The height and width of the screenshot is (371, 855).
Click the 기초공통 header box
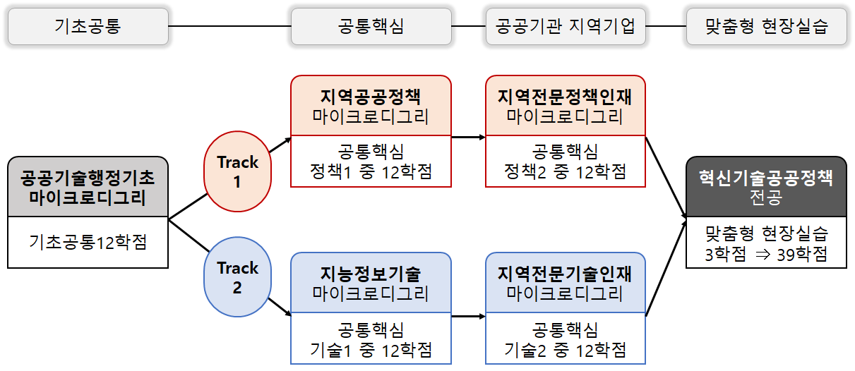pyautogui.click(x=88, y=27)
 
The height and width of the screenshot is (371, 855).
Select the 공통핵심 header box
pyautogui.click(x=371, y=27)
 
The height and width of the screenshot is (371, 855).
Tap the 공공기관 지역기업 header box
pyautogui.click(x=566, y=27)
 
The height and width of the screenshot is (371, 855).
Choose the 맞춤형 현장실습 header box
pyautogui.click(x=766, y=27)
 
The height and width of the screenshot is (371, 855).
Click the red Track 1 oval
pyautogui.click(x=238, y=172)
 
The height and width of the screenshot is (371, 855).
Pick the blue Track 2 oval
pyautogui.click(x=238, y=278)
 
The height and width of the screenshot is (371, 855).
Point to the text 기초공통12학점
pyautogui.click(x=88, y=242)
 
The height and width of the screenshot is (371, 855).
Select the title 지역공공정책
pyautogui.click(x=371, y=97)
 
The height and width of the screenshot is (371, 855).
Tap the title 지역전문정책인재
pyautogui.click(x=565, y=97)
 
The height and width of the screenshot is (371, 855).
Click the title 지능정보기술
pyautogui.click(x=371, y=274)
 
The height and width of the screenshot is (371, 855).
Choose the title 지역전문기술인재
pyautogui.click(x=565, y=274)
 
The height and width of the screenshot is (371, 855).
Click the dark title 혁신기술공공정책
pyautogui.click(x=766, y=178)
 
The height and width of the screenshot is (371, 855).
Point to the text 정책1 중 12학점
pyautogui.click(x=371, y=171)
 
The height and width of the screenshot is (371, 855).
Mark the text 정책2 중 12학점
pyautogui.click(x=565, y=171)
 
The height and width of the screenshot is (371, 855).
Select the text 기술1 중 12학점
pyautogui.click(x=371, y=348)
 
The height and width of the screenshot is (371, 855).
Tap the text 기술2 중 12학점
pyautogui.click(x=565, y=348)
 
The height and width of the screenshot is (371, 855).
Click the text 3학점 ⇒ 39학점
pyautogui.click(x=766, y=254)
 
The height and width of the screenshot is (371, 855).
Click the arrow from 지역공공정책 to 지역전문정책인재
pyautogui.click(x=468, y=137)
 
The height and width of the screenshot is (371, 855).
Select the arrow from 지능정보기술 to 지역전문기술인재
pyautogui.click(x=468, y=315)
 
